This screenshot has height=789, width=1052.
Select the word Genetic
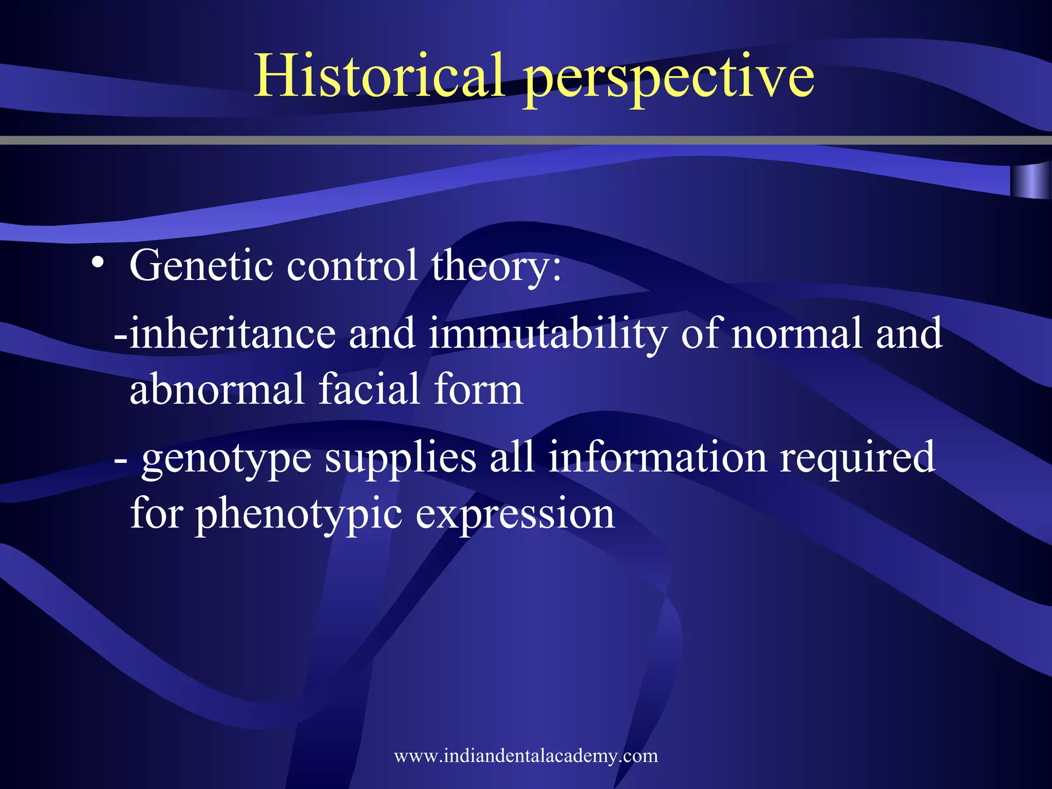point(201,266)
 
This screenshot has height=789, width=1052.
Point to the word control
point(352,266)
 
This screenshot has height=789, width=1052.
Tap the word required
point(857,459)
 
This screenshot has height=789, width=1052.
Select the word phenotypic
point(298,515)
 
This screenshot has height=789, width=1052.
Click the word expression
point(515,515)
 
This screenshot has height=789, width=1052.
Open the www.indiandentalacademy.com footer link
point(525,756)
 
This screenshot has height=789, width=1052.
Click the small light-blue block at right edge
point(1030,181)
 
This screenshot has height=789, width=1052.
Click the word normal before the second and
point(796,334)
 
